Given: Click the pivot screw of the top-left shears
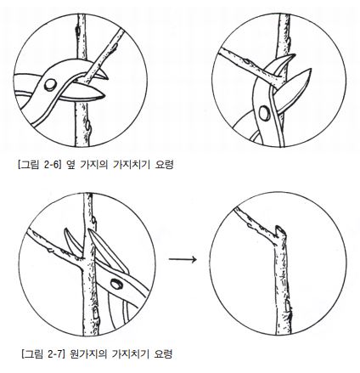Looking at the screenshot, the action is [50, 85].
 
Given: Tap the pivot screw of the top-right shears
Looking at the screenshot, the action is [265, 113].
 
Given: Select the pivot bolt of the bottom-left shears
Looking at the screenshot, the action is [116, 284].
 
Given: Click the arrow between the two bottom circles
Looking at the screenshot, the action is [183, 259].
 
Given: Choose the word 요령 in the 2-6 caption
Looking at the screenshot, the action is [164, 165].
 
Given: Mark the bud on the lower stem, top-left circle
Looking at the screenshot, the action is [88, 126].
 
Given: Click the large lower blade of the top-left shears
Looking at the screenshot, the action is [82, 95].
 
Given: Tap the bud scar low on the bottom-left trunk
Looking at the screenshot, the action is [96, 314].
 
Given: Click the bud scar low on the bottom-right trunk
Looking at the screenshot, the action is [288, 307].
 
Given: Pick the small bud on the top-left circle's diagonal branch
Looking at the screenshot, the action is [114, 46].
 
